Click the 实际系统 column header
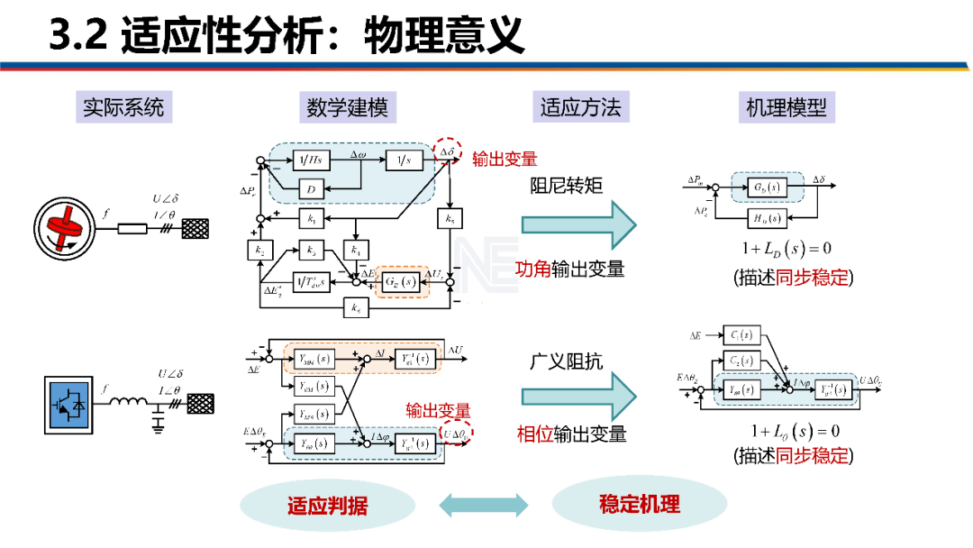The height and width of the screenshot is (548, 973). pyautogui.click(x=123, y=108)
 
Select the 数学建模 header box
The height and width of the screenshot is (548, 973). pyautogui.click(x=347, y=108)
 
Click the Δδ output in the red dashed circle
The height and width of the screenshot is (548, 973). pyautogui.click(x=447, y=152)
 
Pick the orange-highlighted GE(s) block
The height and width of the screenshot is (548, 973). pyautogui.click(x=402, y=281)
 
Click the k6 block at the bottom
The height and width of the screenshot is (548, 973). pyautogui.click(x=358, y=308)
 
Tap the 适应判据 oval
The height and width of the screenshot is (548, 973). pyautogui.click(x=327, y=505)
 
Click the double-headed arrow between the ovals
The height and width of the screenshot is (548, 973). pyautogui.click(x=484, y=505)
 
